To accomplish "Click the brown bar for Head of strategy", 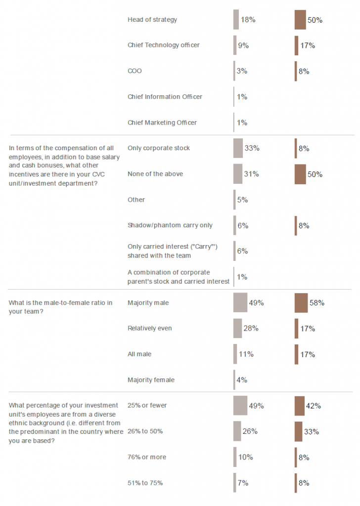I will [x=300, y=20].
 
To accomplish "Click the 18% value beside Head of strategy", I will [x=248, y=20].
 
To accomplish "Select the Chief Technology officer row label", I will [x=163, y=45].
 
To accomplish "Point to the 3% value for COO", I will [x=242, y=71].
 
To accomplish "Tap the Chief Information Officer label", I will [x=165, y=97].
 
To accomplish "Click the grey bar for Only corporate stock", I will [x=238, y=148].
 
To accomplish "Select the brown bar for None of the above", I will [x=300, y=174].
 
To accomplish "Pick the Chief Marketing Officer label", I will [x=162, y=123].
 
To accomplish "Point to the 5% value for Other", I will [x=242, y=200].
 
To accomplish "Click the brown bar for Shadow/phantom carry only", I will [x=296, y=225].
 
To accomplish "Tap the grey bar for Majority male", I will [x=240, y=302].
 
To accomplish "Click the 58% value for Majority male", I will [x=317, y=303].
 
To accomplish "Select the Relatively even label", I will [x=150, y=329].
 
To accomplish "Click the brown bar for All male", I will [x=296, y=354].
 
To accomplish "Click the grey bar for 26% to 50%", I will [x=237, y=431].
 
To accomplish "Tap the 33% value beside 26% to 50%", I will [x=312, y=431].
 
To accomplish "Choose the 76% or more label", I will [x=147, y=457].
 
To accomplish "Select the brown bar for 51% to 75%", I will [x=296, y=483].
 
